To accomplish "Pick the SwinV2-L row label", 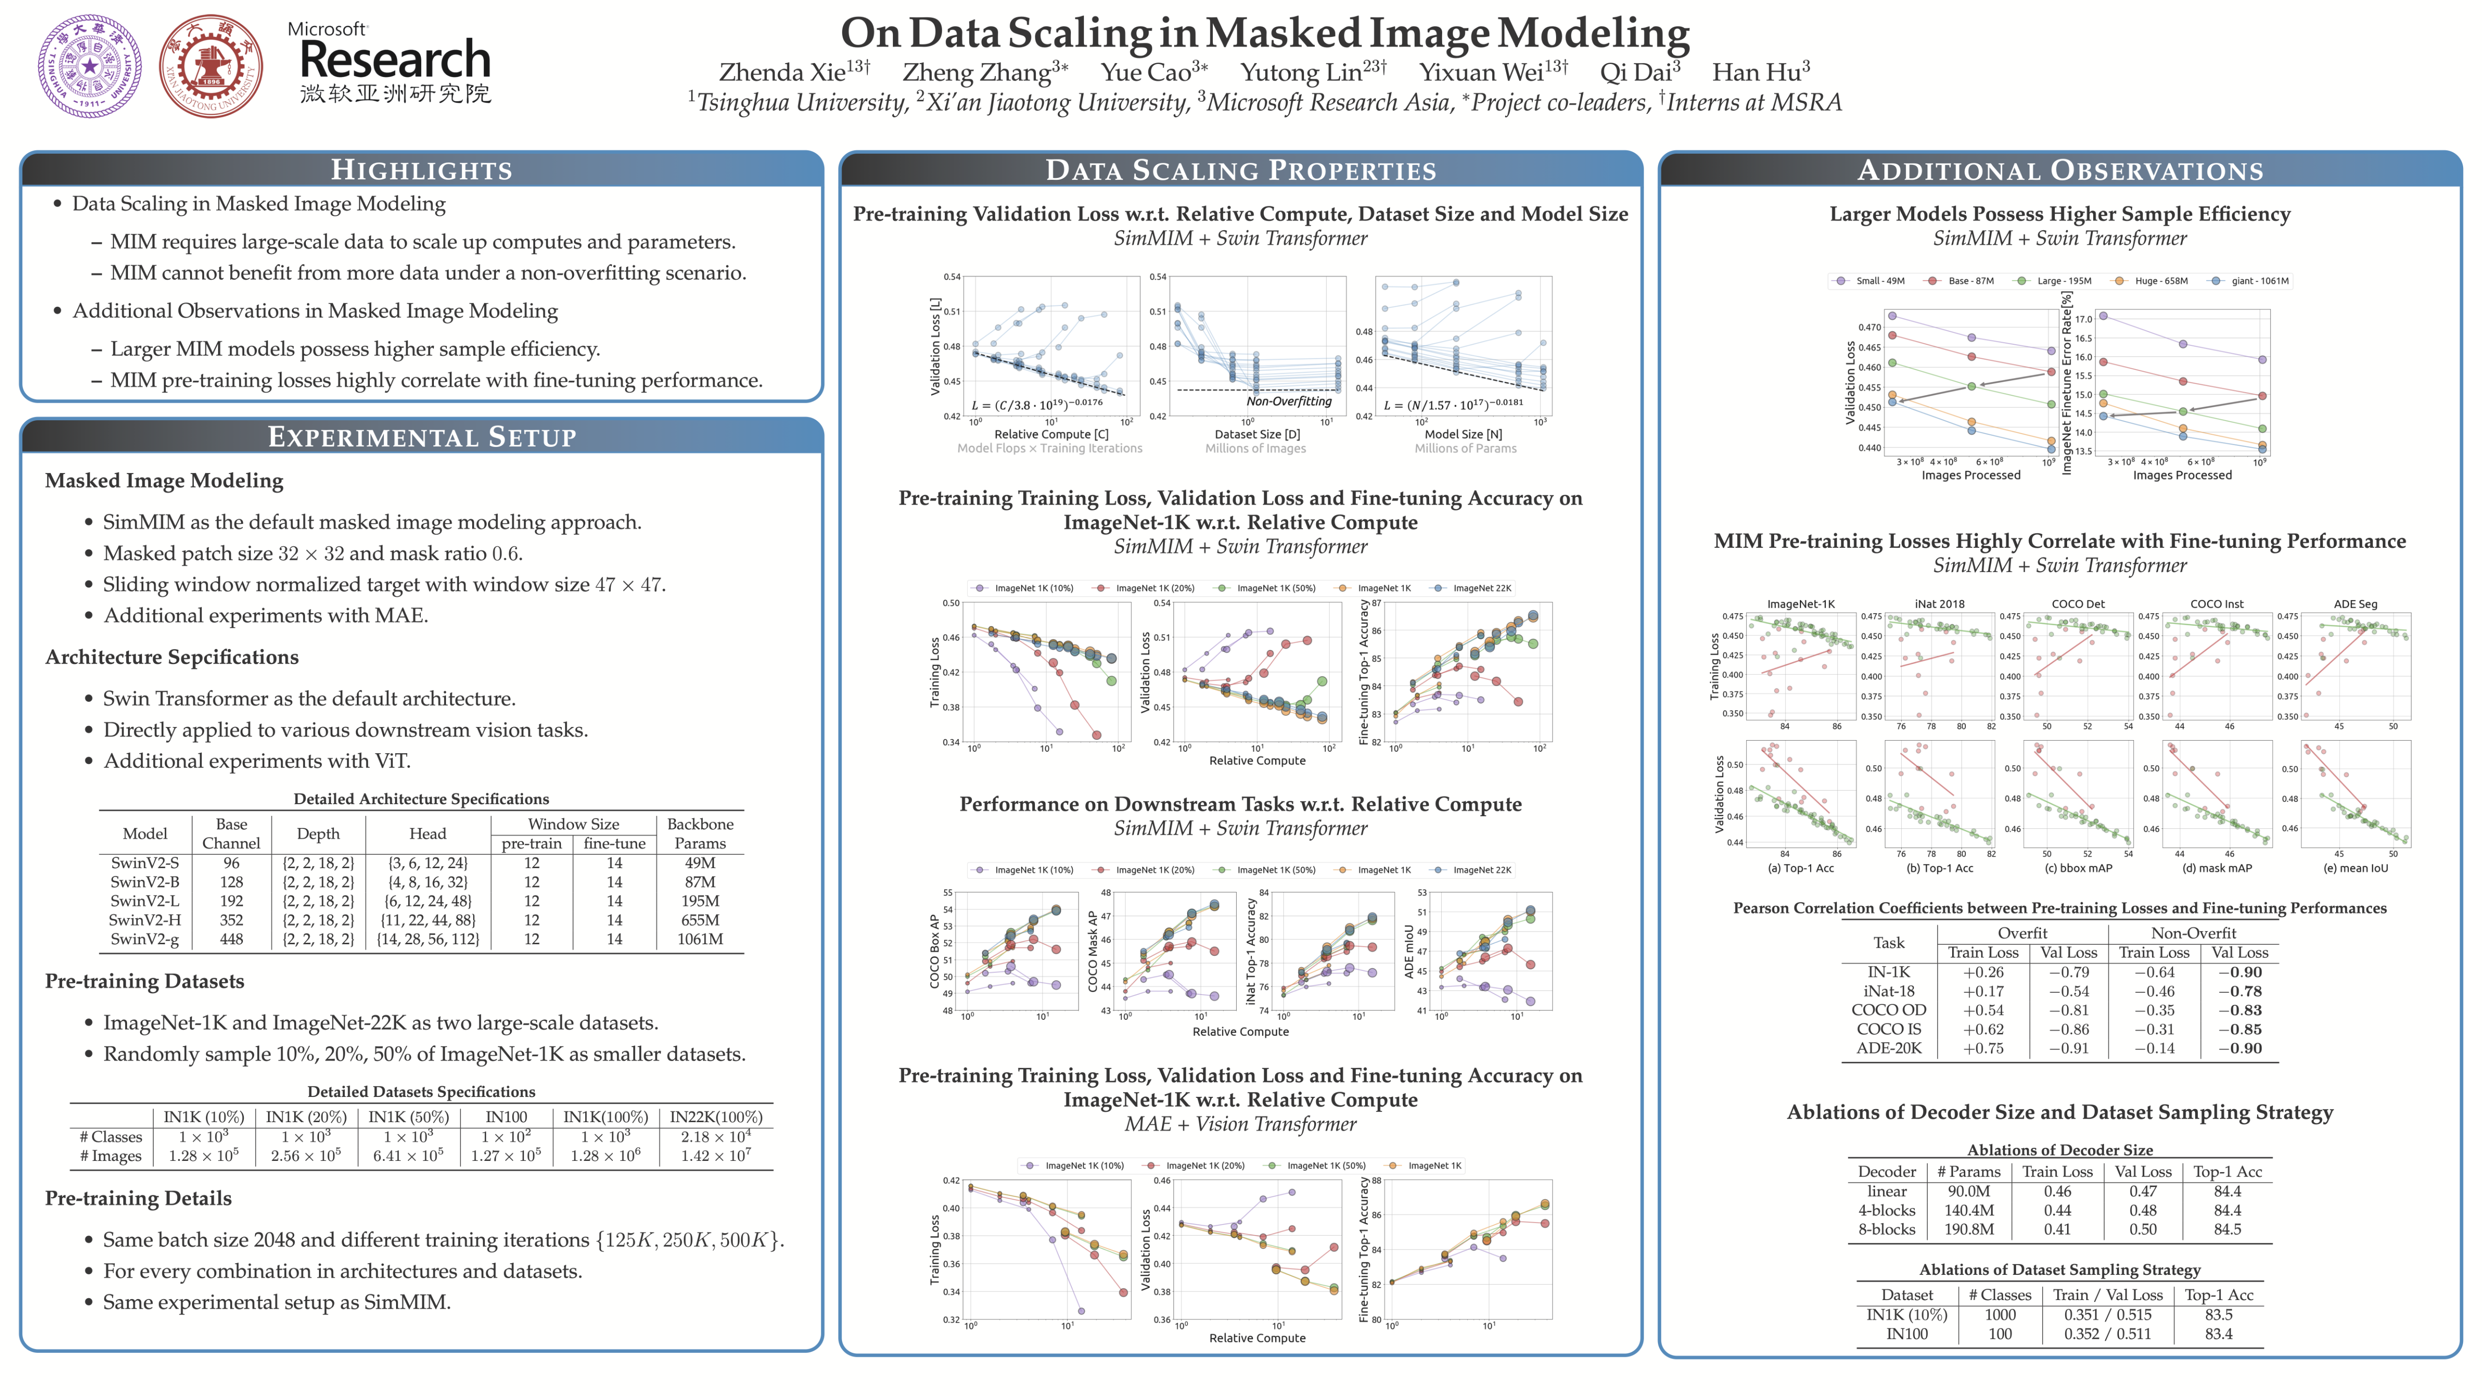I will (x=144, y=901).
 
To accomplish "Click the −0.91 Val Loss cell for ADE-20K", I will (x=2068, y=1048).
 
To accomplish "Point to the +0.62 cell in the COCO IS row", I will (x=1983, y=1029).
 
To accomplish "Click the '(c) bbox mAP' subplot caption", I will (x=2078, y=868).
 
